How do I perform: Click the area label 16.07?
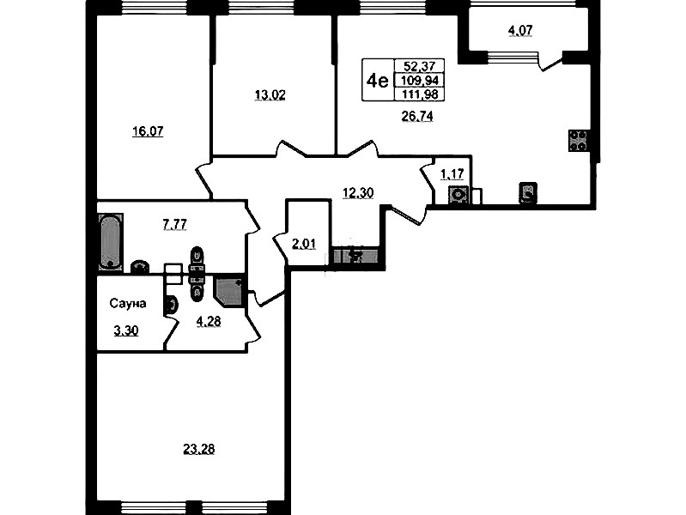148,131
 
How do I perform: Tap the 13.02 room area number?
270,94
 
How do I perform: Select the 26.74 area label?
417,116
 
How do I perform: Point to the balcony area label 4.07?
520,31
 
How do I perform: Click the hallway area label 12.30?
358,192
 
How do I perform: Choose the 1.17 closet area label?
452,174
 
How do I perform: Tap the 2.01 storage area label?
304,244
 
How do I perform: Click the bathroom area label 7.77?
174,225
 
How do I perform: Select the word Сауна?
128,303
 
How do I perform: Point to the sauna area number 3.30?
126,330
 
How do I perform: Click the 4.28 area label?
209,322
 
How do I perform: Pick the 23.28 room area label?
198,449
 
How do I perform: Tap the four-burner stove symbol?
579,141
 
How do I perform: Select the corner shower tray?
228,290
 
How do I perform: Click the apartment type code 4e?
378,81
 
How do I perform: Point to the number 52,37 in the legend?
420,66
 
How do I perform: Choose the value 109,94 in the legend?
420,81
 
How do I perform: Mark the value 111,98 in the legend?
420,94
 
